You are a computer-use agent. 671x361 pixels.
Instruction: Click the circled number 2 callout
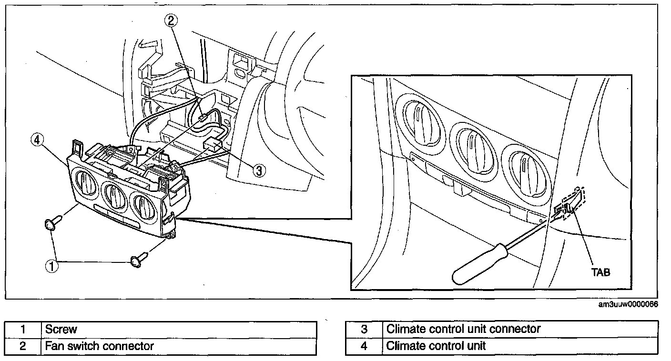pyautogui.click(x=172, y=20)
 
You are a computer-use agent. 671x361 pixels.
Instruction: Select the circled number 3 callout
pyautogui.click(x=258, y=170)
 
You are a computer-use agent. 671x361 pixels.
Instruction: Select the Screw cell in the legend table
pyautogui.click(x=179, y=329)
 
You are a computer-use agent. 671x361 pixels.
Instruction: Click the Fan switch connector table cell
pyautogui.click(x=179, y=346)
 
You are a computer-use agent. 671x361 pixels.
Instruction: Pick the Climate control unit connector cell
pyautogui.click(x=520, y=329)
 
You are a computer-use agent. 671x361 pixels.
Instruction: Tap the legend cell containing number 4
pyautogui.click(x=364, y=346)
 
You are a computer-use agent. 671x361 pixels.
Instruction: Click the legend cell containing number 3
pyautogui.click(x=364, y=329)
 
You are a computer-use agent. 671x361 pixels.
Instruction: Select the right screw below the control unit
pyautogui.click(x=138, y=260)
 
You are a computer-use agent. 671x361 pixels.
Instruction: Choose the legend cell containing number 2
pyautogui.click(x=23, y=346)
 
